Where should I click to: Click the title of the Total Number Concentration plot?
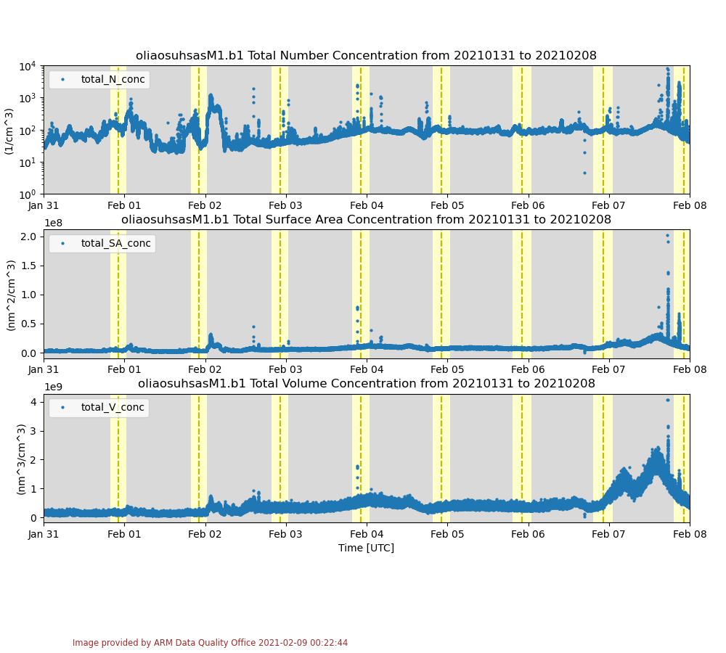[366, 56]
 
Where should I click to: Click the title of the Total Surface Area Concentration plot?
[366, 219]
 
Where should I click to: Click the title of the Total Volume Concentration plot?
[366, 383]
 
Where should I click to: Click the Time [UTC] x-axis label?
[366, 548]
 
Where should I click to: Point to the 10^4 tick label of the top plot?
[28, 67]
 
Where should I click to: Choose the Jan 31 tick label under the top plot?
[44, 205]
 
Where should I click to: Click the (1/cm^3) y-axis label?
[9, 131]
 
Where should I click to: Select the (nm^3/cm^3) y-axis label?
[21, 459]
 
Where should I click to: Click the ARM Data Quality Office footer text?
[210, 643]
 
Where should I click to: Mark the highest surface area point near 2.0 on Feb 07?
[667, 235]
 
